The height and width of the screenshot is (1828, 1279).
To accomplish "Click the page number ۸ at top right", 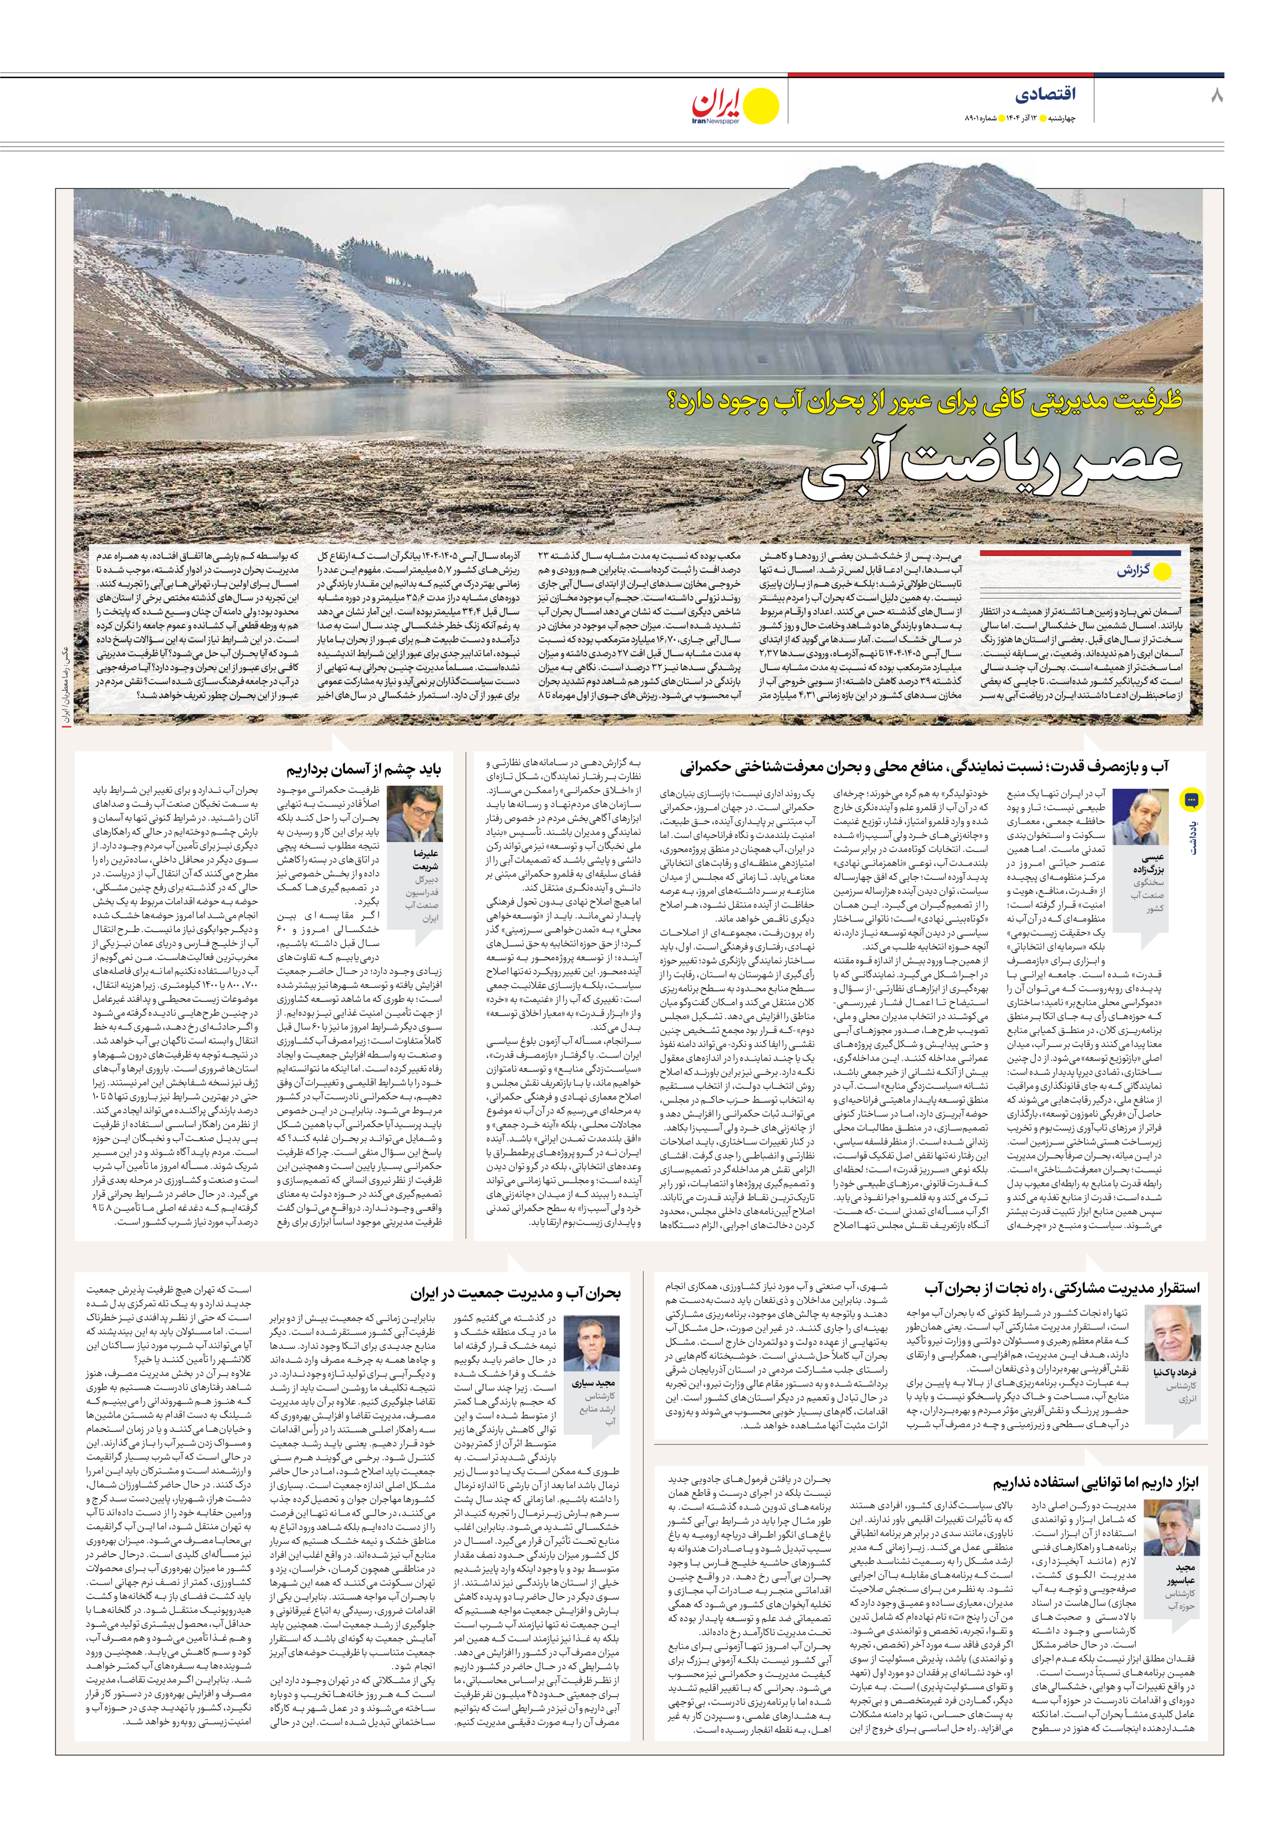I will click(1216, 96).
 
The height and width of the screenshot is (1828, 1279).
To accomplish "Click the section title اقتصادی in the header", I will click(1045, 94).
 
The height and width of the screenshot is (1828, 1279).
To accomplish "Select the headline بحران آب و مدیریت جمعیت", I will click(515, 1293).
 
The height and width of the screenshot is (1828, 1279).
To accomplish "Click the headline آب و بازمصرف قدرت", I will click(924, 767).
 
